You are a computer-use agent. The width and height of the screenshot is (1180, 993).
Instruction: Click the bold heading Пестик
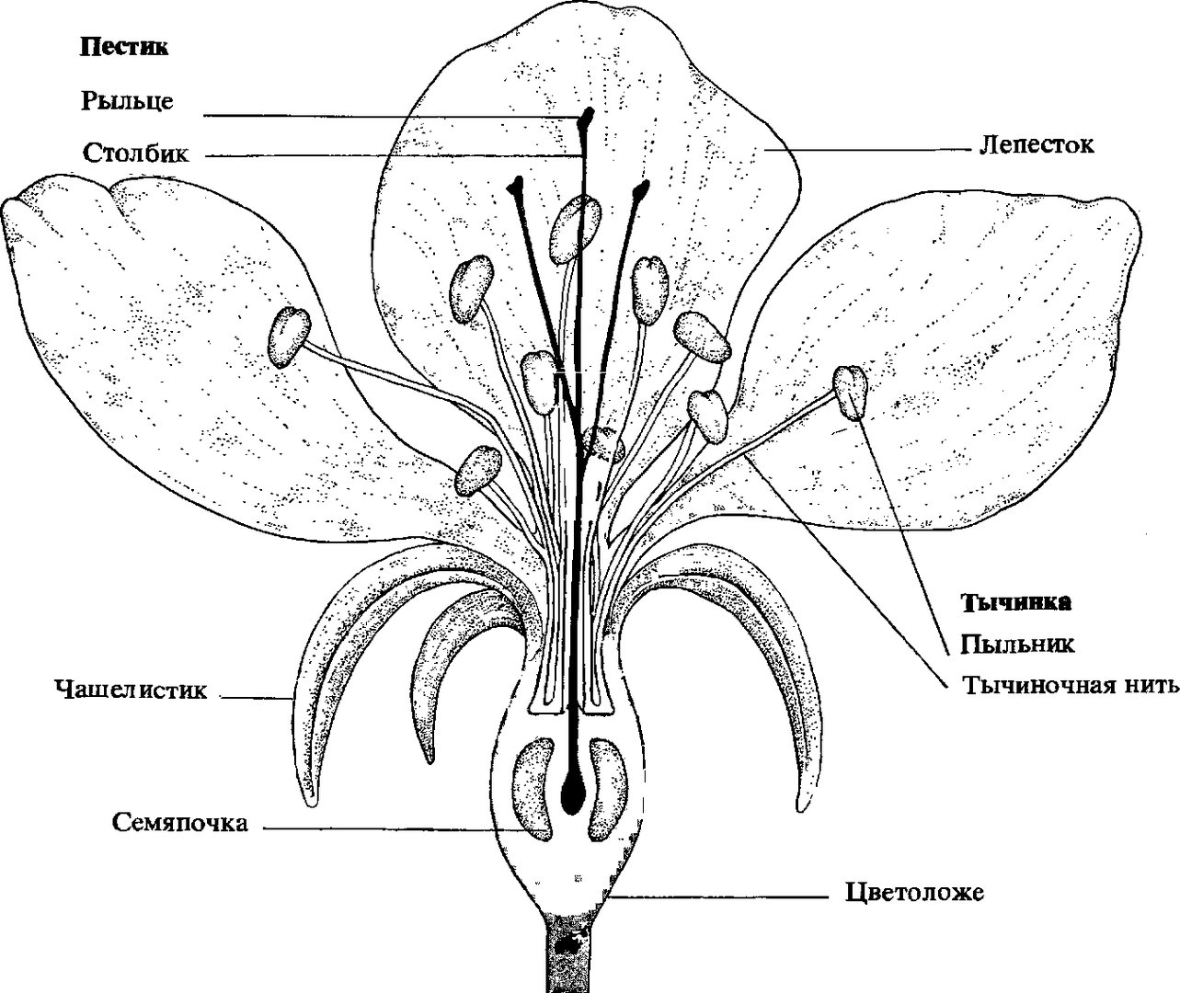click(x=124, y=48)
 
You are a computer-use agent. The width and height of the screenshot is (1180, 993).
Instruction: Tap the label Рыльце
click(x=126, y=100)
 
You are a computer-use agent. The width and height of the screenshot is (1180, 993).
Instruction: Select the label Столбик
click(x=136, y=152)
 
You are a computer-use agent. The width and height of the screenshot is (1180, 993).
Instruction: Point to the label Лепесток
click(x=1037, y=144)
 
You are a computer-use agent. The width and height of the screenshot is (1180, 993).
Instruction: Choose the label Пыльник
click(x=1017, y=644)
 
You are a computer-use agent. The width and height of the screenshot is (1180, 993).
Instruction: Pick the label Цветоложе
click(x=913, y=892)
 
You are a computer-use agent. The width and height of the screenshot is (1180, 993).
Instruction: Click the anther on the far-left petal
click(x=291, y=337)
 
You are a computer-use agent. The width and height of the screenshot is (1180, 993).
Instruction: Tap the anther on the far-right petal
click(x=851, y=393)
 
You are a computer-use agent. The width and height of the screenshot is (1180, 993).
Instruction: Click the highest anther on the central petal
click(x=571, y=228)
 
